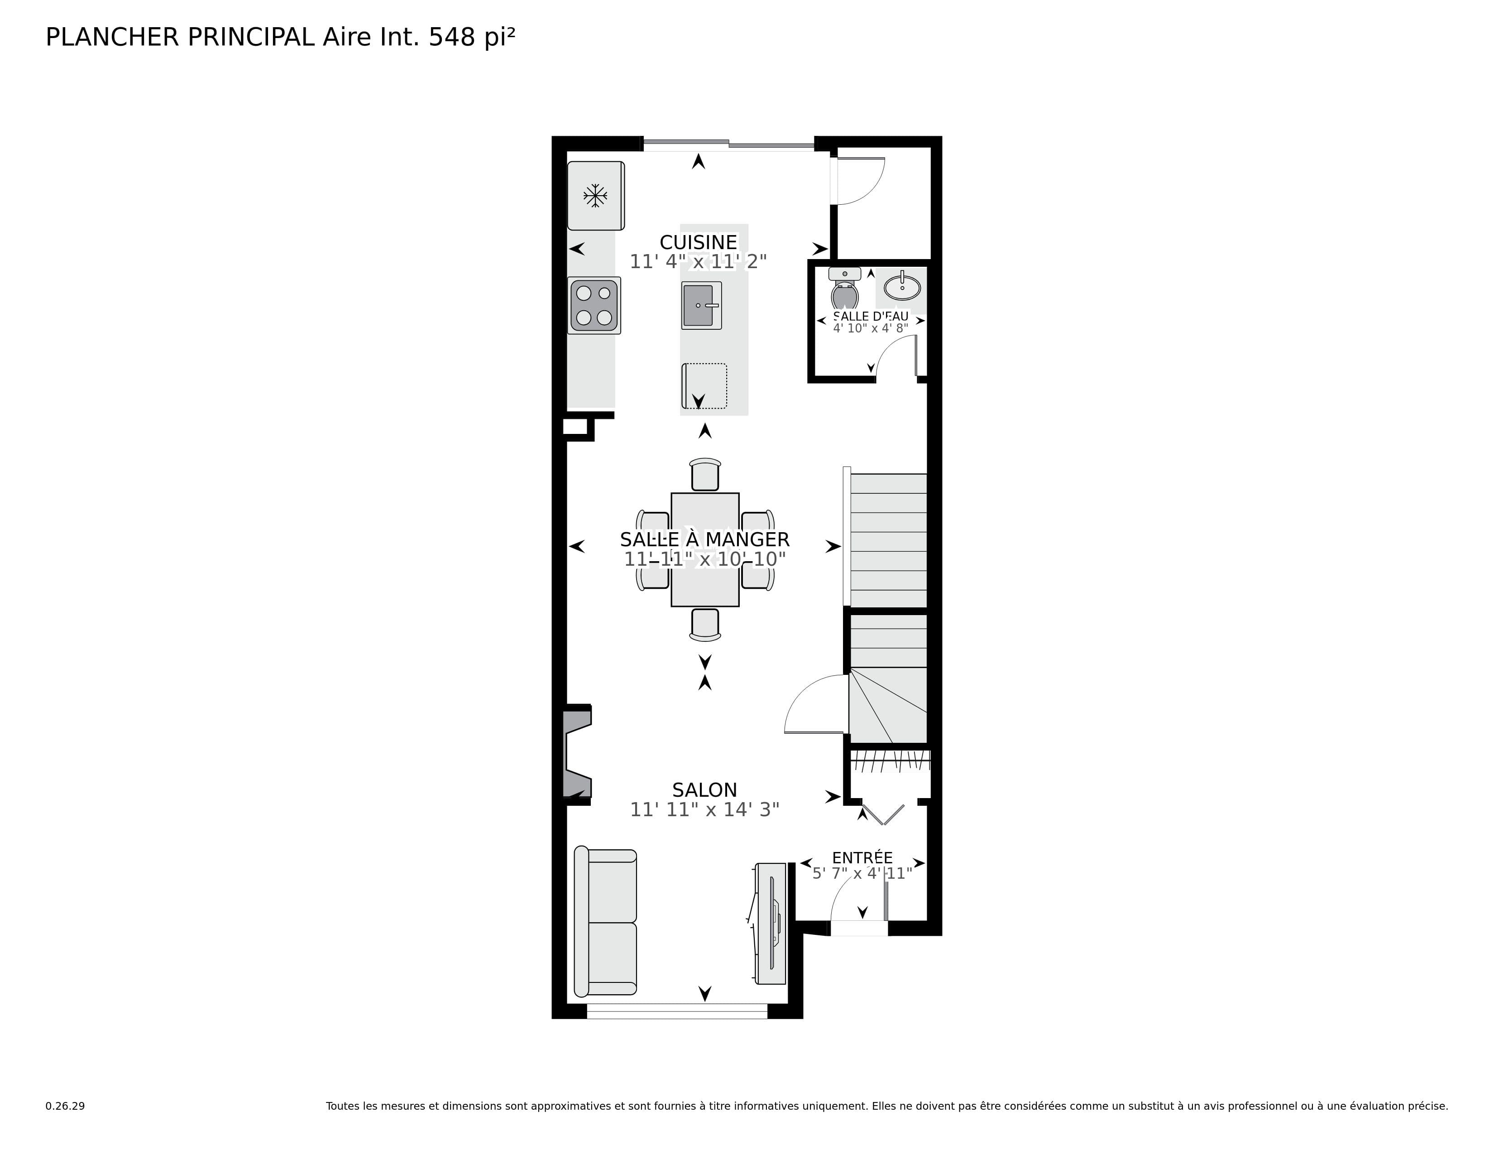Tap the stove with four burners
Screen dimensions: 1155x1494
(x=594, y=305)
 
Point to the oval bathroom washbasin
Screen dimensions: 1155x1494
(x=901, y=287)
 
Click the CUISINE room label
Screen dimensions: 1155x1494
(x=698, y=242)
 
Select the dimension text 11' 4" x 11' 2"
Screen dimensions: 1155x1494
(x=698, y=262)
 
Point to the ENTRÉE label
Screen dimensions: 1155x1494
(x=862, y=857)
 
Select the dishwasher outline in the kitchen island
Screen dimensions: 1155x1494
(x=704, y=386)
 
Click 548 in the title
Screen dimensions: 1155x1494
(x=451, y=38)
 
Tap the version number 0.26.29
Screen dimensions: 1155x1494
(x=65, y=1106)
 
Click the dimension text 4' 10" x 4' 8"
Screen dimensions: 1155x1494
(x=870, y=328)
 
